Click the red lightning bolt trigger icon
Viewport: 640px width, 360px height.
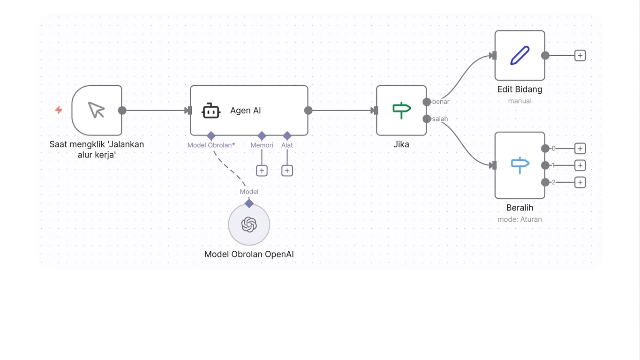(x=59, y=110)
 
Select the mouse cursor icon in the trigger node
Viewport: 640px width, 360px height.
(x=97, y=110)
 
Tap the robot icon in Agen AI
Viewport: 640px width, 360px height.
(x=211, y=111)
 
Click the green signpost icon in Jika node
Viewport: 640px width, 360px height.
(x=402, y=110)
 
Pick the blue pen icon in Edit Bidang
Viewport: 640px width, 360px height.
(x=520, y=55)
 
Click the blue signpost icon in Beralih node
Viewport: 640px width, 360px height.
(x=520, y=165)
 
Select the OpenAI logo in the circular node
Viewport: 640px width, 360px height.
(x=249, y=225)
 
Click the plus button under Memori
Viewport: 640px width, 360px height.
(x=262, y=171)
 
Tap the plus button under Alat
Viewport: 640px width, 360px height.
(x=287, y=171)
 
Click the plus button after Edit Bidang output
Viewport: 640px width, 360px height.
(x=580, y=55)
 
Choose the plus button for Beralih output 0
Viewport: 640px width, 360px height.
(x=580, y=149)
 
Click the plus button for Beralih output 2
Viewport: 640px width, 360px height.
(x=580, y=182)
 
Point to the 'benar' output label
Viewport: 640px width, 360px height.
(x=441, y=102)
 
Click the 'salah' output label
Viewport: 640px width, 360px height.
(x=440, y=119)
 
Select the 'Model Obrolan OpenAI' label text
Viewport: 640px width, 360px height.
(x=249, y=254)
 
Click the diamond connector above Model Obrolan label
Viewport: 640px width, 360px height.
(x=211, y=136)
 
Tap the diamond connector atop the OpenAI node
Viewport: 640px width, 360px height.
(x=249, y=203)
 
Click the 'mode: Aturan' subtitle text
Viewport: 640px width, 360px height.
(x=520, y=219)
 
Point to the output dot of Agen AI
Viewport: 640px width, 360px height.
(x=309, y=111)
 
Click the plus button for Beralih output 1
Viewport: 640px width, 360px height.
(x=580, y=165)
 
